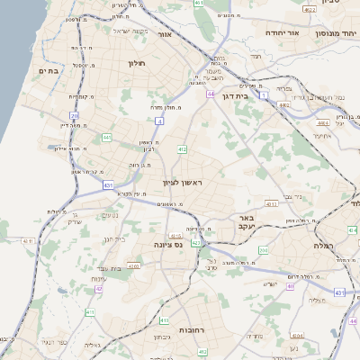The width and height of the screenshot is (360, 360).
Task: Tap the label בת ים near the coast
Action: pyautogui.click(x=48, y=70)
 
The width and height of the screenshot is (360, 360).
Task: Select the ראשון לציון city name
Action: pyautogui.click(x=184, y=184)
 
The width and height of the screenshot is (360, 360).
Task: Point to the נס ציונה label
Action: pyautogui.click(x=167, y=243)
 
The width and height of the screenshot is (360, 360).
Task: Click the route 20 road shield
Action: pyautogui.click(x=74, y=115)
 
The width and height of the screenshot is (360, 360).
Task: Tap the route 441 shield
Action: pyautogui.click(x=106, y=137)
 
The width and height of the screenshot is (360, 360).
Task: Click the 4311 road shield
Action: pyautogui.click(x=271, y=203)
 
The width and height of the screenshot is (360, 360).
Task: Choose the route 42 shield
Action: pyautogui.click(x=98, y=288)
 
